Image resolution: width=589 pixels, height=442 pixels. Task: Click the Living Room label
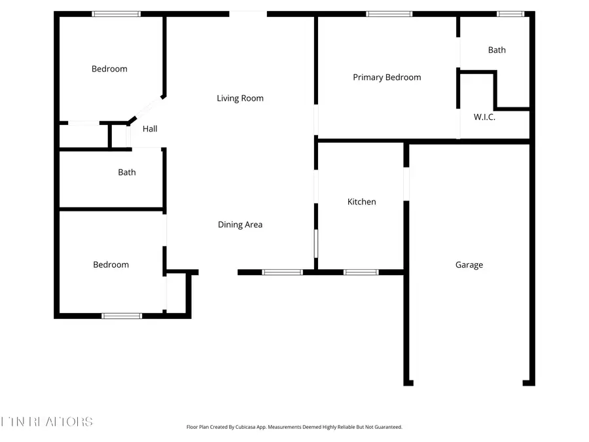[x=240, y=98]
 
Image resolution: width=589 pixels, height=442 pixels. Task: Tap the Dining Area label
[x=240, y=225]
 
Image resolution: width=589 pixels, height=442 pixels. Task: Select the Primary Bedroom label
[x=387, y=77]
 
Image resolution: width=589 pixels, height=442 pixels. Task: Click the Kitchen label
[x=361, y=202]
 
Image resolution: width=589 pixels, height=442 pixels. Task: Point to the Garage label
[x=469, y=265]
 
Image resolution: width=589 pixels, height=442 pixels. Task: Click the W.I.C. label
[x=484, y=117]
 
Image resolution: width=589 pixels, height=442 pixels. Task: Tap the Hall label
[x=150, y=129]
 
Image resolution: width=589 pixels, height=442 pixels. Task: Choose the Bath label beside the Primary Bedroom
[x=497, y=50]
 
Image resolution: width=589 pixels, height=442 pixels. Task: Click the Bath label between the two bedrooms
[x=127, y=172]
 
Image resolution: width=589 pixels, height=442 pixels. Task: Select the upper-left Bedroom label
[x=109, y=69]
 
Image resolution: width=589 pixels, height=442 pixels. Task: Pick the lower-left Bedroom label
[x=111, y=265]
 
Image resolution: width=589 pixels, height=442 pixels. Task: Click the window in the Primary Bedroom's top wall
[x=389, y=14]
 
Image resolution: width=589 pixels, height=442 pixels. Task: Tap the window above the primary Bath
[x=510, y=14]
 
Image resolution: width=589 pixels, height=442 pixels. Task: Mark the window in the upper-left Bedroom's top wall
[x=116, y=14]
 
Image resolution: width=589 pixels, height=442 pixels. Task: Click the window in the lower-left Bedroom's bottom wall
[x=122, y=316]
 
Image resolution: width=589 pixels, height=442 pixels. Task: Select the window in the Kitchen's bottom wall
[x=361, y=272]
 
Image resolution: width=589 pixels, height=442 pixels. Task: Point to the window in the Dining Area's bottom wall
[x=282, y=272]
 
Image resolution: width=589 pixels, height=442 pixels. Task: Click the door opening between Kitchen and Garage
[x=406, y=184]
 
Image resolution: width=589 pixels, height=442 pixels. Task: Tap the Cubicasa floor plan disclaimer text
[x=294, y=427]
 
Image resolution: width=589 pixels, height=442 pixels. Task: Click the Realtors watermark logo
[x=46, y=422]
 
